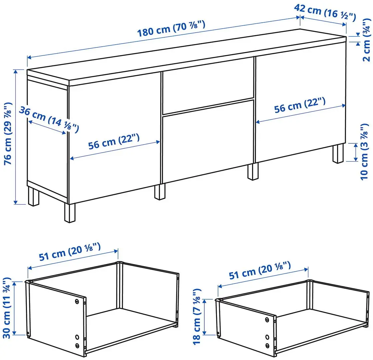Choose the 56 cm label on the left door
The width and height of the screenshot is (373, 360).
114,144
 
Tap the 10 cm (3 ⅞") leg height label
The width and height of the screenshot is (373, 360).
365,152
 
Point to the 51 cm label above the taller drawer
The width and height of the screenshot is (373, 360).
69,253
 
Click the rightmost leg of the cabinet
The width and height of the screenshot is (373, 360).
338,154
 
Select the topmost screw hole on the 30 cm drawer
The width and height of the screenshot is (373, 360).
77,301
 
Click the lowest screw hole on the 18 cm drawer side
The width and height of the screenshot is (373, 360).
267,345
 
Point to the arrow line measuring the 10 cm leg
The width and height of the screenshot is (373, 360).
356,152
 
